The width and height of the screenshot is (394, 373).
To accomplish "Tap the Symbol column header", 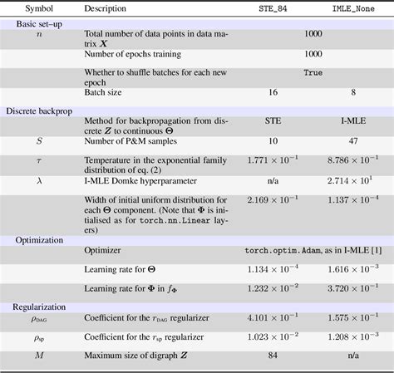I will [38, 8].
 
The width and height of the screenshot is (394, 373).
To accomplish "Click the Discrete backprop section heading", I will [47, 110].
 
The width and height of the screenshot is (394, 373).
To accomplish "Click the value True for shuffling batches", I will [313, 72].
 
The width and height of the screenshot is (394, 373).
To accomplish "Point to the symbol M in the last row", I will [38, 356].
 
